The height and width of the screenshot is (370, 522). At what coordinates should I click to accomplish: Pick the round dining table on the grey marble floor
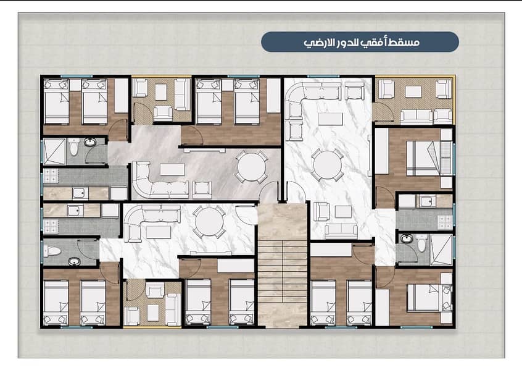pyautogui.click(x=251, y=167)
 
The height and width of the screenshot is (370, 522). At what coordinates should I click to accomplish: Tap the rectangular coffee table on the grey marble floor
pyautogui.click(x=172, y=169)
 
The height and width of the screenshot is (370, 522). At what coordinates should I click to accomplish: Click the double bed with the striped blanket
pyautogui.click(x=429, y=158)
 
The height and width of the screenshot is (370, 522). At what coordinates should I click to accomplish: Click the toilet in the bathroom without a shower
pyautogui.click(x=52, y=251)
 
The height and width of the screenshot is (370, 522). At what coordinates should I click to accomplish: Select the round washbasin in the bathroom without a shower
pyautogui.click(x=74, y=262)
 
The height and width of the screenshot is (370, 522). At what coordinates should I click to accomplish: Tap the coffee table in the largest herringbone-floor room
pyautogui.click(x=413, y=91)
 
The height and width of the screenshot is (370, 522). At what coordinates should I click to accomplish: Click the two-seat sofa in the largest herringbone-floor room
pyautogui.click(x=416, y=116)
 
